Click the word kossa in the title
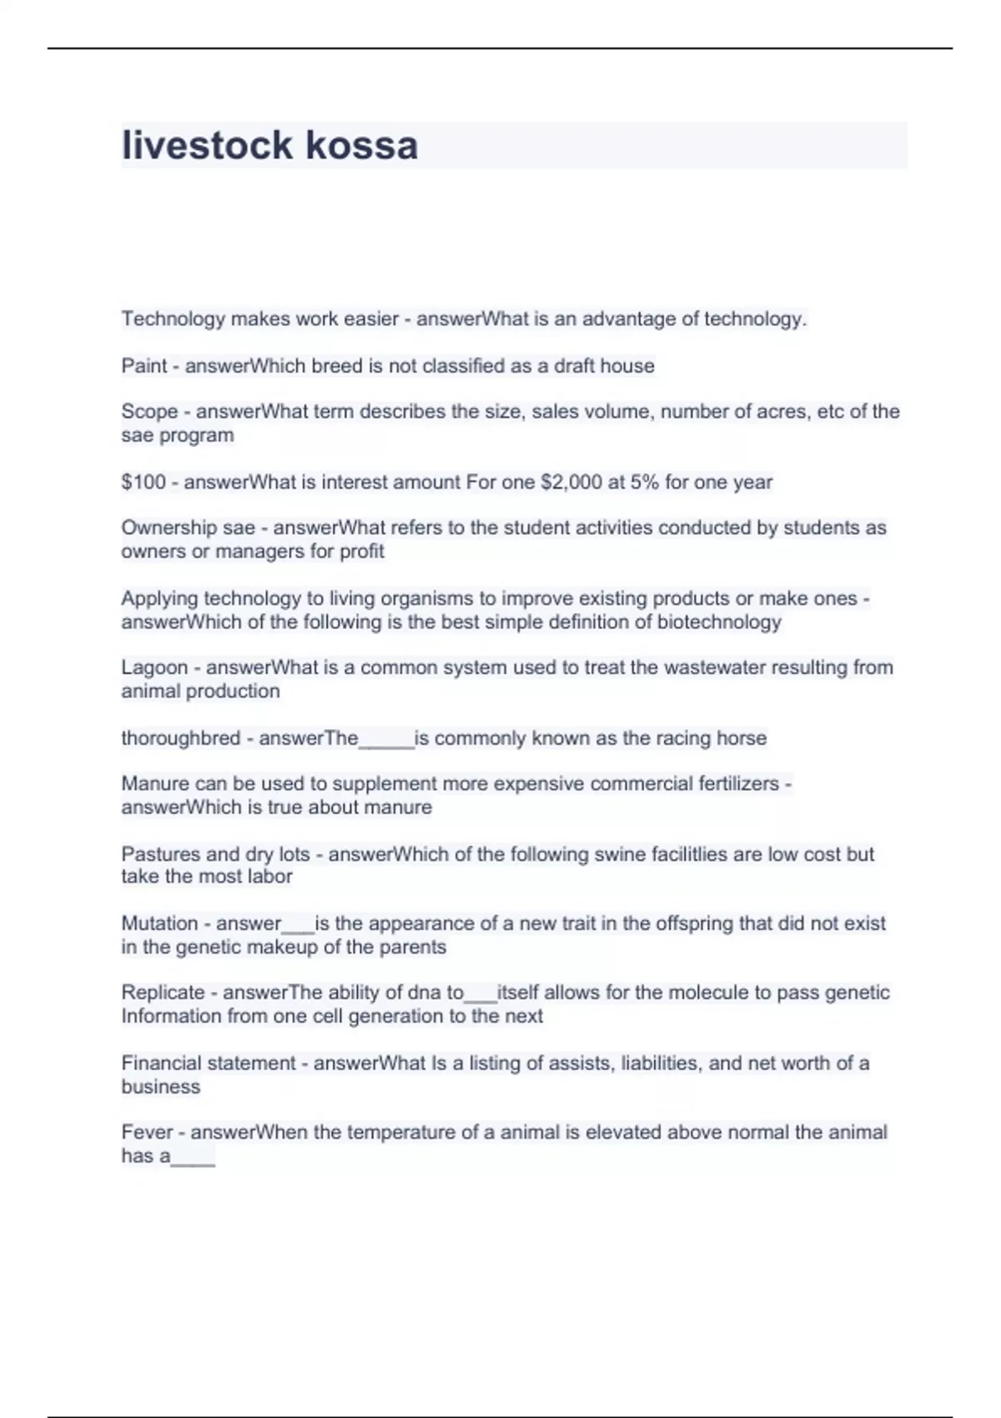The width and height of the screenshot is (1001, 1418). pyautogui.click(x=361, y=146)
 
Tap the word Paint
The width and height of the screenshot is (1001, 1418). pyautogui.click(x=143, y=366)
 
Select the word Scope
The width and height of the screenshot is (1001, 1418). pyautogui.click(x=148, y=412)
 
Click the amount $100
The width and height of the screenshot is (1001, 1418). pyautogui.click(x=143, y=482)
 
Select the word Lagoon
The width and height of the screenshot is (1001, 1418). pyautogui.click(x=153, y=668)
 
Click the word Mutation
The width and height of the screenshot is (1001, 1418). pyautogui.click(x=159, y=923)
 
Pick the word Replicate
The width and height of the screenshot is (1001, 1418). pyautogui.click(x=163, y=993)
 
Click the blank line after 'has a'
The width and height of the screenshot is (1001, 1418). pyautogui.click(x=193, y=1159)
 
